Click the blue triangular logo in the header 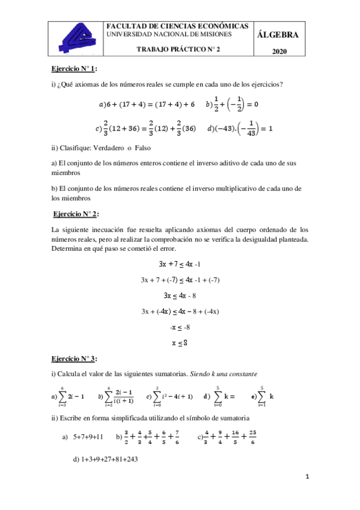(76, 37)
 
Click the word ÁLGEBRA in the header (277, 35)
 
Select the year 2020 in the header (279, 52)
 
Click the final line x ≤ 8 (180, 343)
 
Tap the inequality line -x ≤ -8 (180, 327)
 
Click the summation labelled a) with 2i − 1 (68, 396)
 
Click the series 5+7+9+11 (88, 437)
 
